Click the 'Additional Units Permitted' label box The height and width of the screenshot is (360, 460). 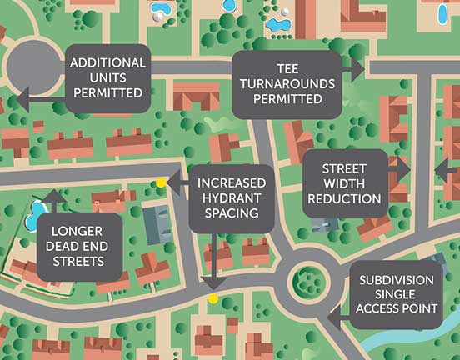(x=108, y=77)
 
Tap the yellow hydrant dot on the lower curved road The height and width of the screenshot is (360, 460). (x=213, y=297)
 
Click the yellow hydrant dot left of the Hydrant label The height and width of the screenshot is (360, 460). (x=161, y=182)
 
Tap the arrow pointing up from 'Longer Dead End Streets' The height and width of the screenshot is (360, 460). (x=56, y=197)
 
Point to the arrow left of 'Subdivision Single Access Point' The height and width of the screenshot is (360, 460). (x=335, y=316)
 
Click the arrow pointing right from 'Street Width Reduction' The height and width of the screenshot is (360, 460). (x=403, y=168)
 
